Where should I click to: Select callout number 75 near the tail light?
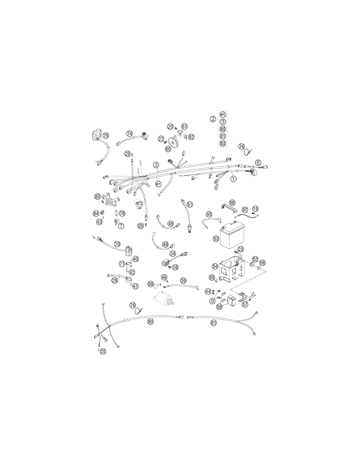106,135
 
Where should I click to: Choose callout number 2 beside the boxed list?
213,119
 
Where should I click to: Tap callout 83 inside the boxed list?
223,143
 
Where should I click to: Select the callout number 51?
189,204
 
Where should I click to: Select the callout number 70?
117,244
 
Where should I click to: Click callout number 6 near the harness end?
258,163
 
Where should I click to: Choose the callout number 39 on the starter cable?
183,280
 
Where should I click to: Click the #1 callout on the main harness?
158,184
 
